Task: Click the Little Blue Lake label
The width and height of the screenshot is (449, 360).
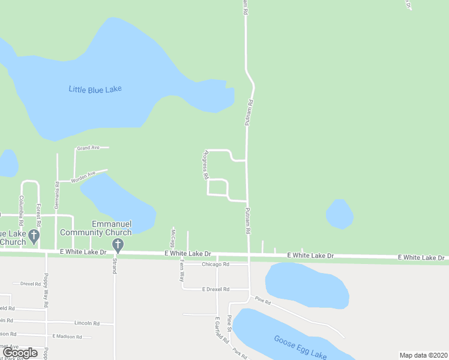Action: click(x=95, y=89)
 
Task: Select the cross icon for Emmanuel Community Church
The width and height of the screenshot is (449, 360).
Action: click(x=118, y=244)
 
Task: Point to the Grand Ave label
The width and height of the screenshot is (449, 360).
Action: click(x=88, y=148)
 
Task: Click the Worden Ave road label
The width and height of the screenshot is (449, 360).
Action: click(x=83, y=176)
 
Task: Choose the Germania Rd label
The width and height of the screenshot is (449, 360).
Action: click(x=57, y=195)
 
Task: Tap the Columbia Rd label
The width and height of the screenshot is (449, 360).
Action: click(x=21, y=206)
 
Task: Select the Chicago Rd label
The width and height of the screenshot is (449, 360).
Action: click(x=215, y=264)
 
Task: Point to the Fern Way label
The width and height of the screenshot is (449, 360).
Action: click(x=181, y=273)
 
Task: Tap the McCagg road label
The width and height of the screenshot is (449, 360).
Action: click(x=172, y=238)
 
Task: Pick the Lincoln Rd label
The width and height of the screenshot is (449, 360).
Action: click(x=87, y=323)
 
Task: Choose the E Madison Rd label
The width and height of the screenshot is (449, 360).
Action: click(x=66, y=337)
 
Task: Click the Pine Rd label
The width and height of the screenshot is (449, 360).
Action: click(x=263, y=301)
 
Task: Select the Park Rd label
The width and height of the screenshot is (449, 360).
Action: click(x=240, y=354)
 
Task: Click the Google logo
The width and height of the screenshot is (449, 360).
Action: click(x=21, y=352)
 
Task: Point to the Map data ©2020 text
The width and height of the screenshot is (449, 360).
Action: click(x=423, y=355)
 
